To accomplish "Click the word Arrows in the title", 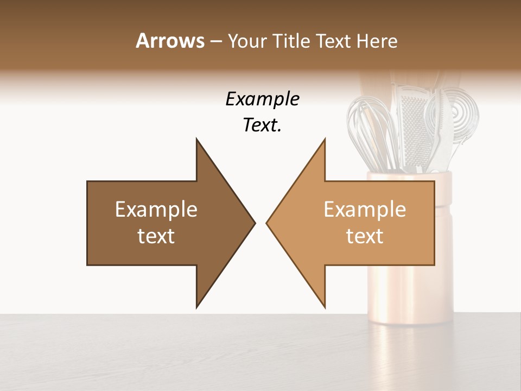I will pos(170,41).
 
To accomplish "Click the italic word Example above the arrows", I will pos(263,99).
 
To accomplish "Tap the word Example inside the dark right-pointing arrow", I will pos(156,209).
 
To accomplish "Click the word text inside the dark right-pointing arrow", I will pos(156,236).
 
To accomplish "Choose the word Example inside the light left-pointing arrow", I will pos(365,209).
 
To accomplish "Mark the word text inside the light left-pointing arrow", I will pos(365,236).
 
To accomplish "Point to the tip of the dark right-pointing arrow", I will pos(255,223).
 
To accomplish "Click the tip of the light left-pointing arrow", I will pos(266,223).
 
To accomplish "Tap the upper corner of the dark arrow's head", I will pos(196,139).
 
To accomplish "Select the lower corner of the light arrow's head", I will pos(325,307).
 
